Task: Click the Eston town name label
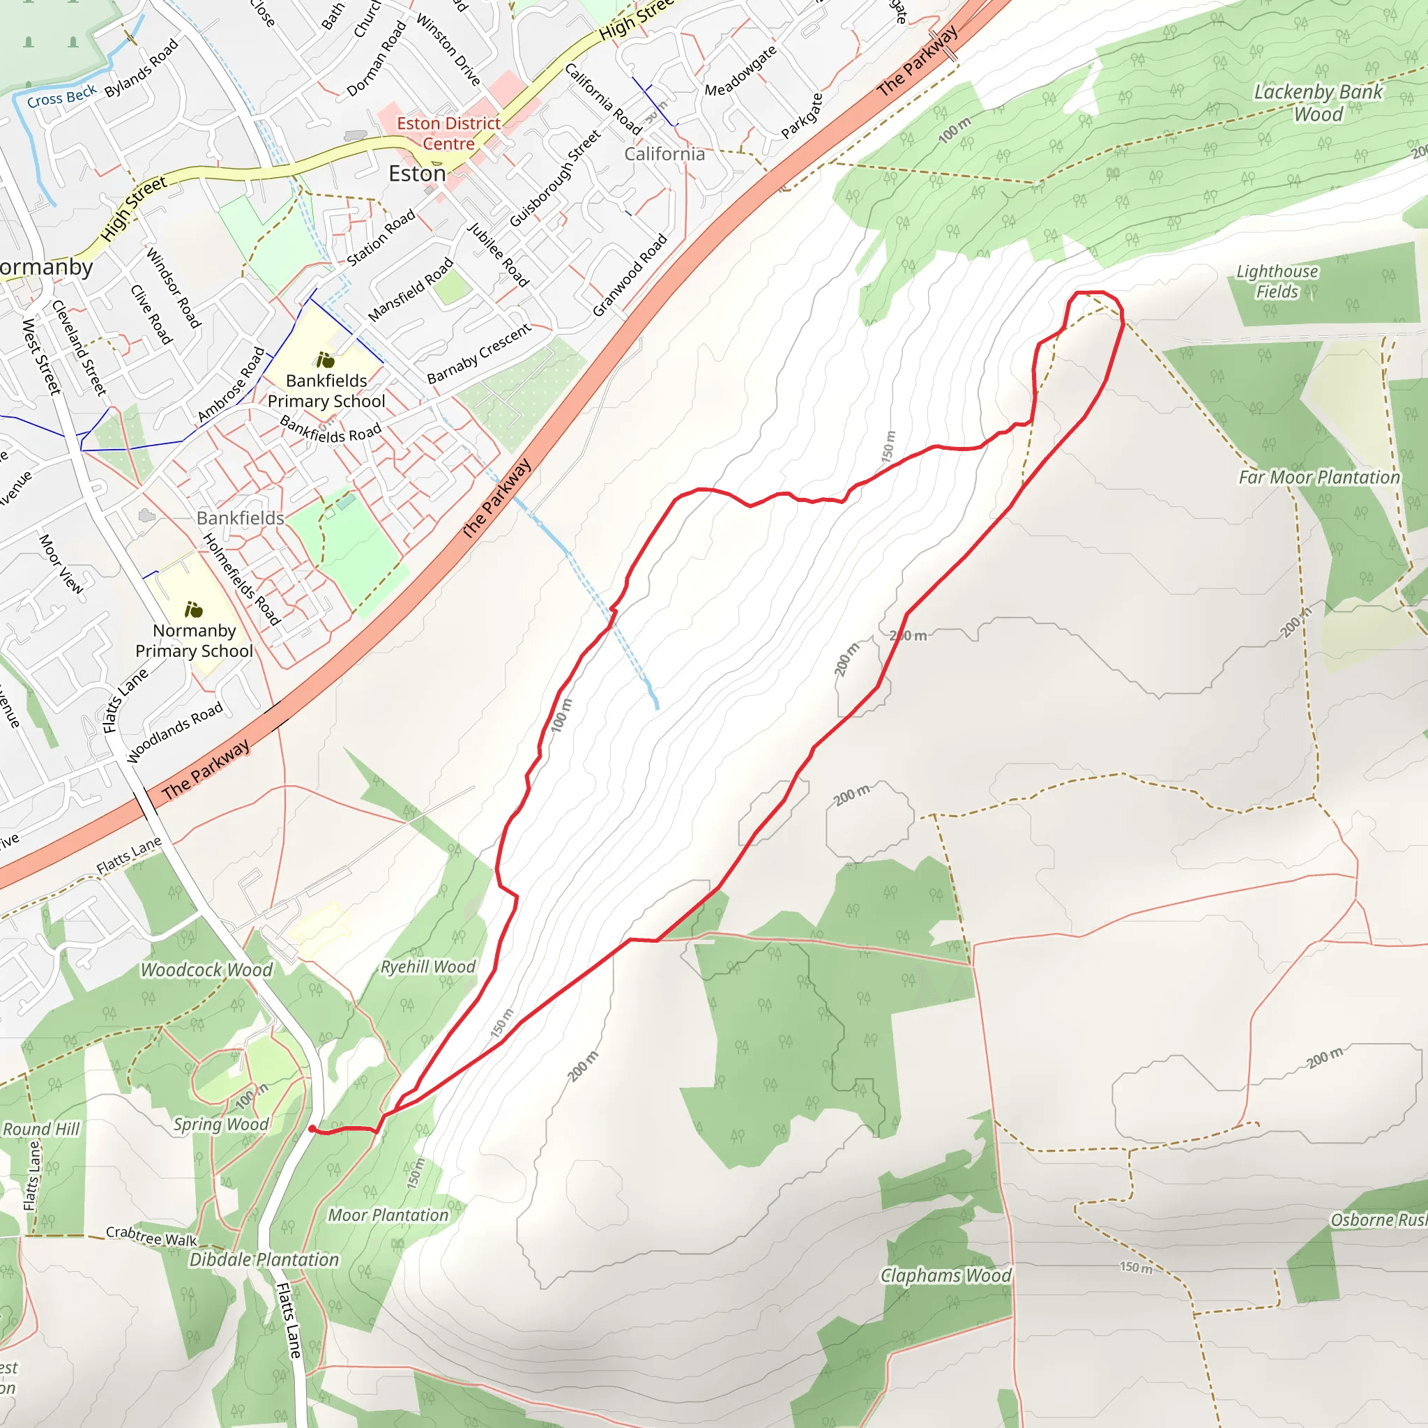418,174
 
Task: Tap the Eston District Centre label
448,134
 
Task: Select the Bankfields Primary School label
326,391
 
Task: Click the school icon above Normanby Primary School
194,610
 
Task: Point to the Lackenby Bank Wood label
1318,102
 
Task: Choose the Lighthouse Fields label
1277,282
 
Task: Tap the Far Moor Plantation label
1319,478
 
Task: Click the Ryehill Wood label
428,968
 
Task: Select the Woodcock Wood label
207,970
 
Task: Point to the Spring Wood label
221,1124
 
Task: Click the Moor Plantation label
388,1215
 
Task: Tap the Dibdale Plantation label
264,1259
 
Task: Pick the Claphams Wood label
945,1276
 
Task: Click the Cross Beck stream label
62,96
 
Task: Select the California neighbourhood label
664,153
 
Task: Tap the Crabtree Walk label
151,1236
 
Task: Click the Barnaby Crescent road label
479,354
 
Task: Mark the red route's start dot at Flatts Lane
312,1129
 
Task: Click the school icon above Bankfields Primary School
325,360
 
